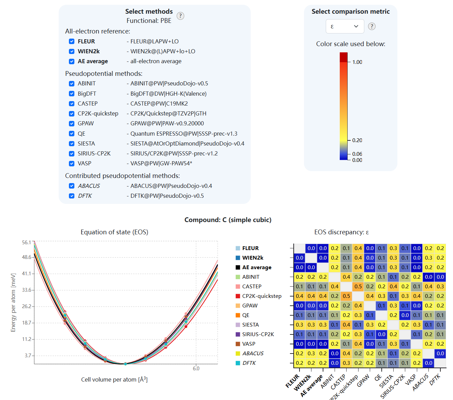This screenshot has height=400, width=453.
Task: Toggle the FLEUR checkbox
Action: click(x=72, y=41)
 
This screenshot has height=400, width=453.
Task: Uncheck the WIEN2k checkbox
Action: click(x=72, y=51)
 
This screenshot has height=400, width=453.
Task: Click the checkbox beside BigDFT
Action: click(x=72, y=94)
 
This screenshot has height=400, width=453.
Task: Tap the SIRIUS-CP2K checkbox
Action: click(x=72, y=154)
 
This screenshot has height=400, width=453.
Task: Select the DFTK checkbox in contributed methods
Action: click(x=72, y=196)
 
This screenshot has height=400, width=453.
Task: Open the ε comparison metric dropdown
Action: click(x=345, y=26)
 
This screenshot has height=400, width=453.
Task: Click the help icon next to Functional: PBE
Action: click(x=180, y=16)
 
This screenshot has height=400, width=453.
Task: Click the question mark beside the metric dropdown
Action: click(x=372, y=26)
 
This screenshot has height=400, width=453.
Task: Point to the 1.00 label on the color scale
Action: click(x=357, y=62)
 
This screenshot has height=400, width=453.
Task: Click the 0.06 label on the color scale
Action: click(x=357, y=154)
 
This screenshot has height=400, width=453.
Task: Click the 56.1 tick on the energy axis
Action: click(x=26, y=243)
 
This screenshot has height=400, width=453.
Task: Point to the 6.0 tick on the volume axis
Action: click(x=196, y=369)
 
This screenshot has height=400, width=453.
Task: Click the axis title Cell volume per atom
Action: click(x=114, y=380)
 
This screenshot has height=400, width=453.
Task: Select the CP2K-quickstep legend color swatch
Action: click(x=238, y=296)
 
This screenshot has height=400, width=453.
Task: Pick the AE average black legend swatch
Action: click(x=238, y=267)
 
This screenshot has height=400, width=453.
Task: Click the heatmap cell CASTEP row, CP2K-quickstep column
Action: click(x=358, y=287)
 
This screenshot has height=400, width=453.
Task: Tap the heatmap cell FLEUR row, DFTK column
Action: click(x=440, y=248)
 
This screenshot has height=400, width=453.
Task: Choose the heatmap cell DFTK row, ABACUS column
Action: click(x=429, y=363)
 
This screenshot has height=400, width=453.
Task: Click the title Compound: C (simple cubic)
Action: click(x=228, y=220)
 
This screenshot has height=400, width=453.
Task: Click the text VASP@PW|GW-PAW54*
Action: click(x=161, y=164)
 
